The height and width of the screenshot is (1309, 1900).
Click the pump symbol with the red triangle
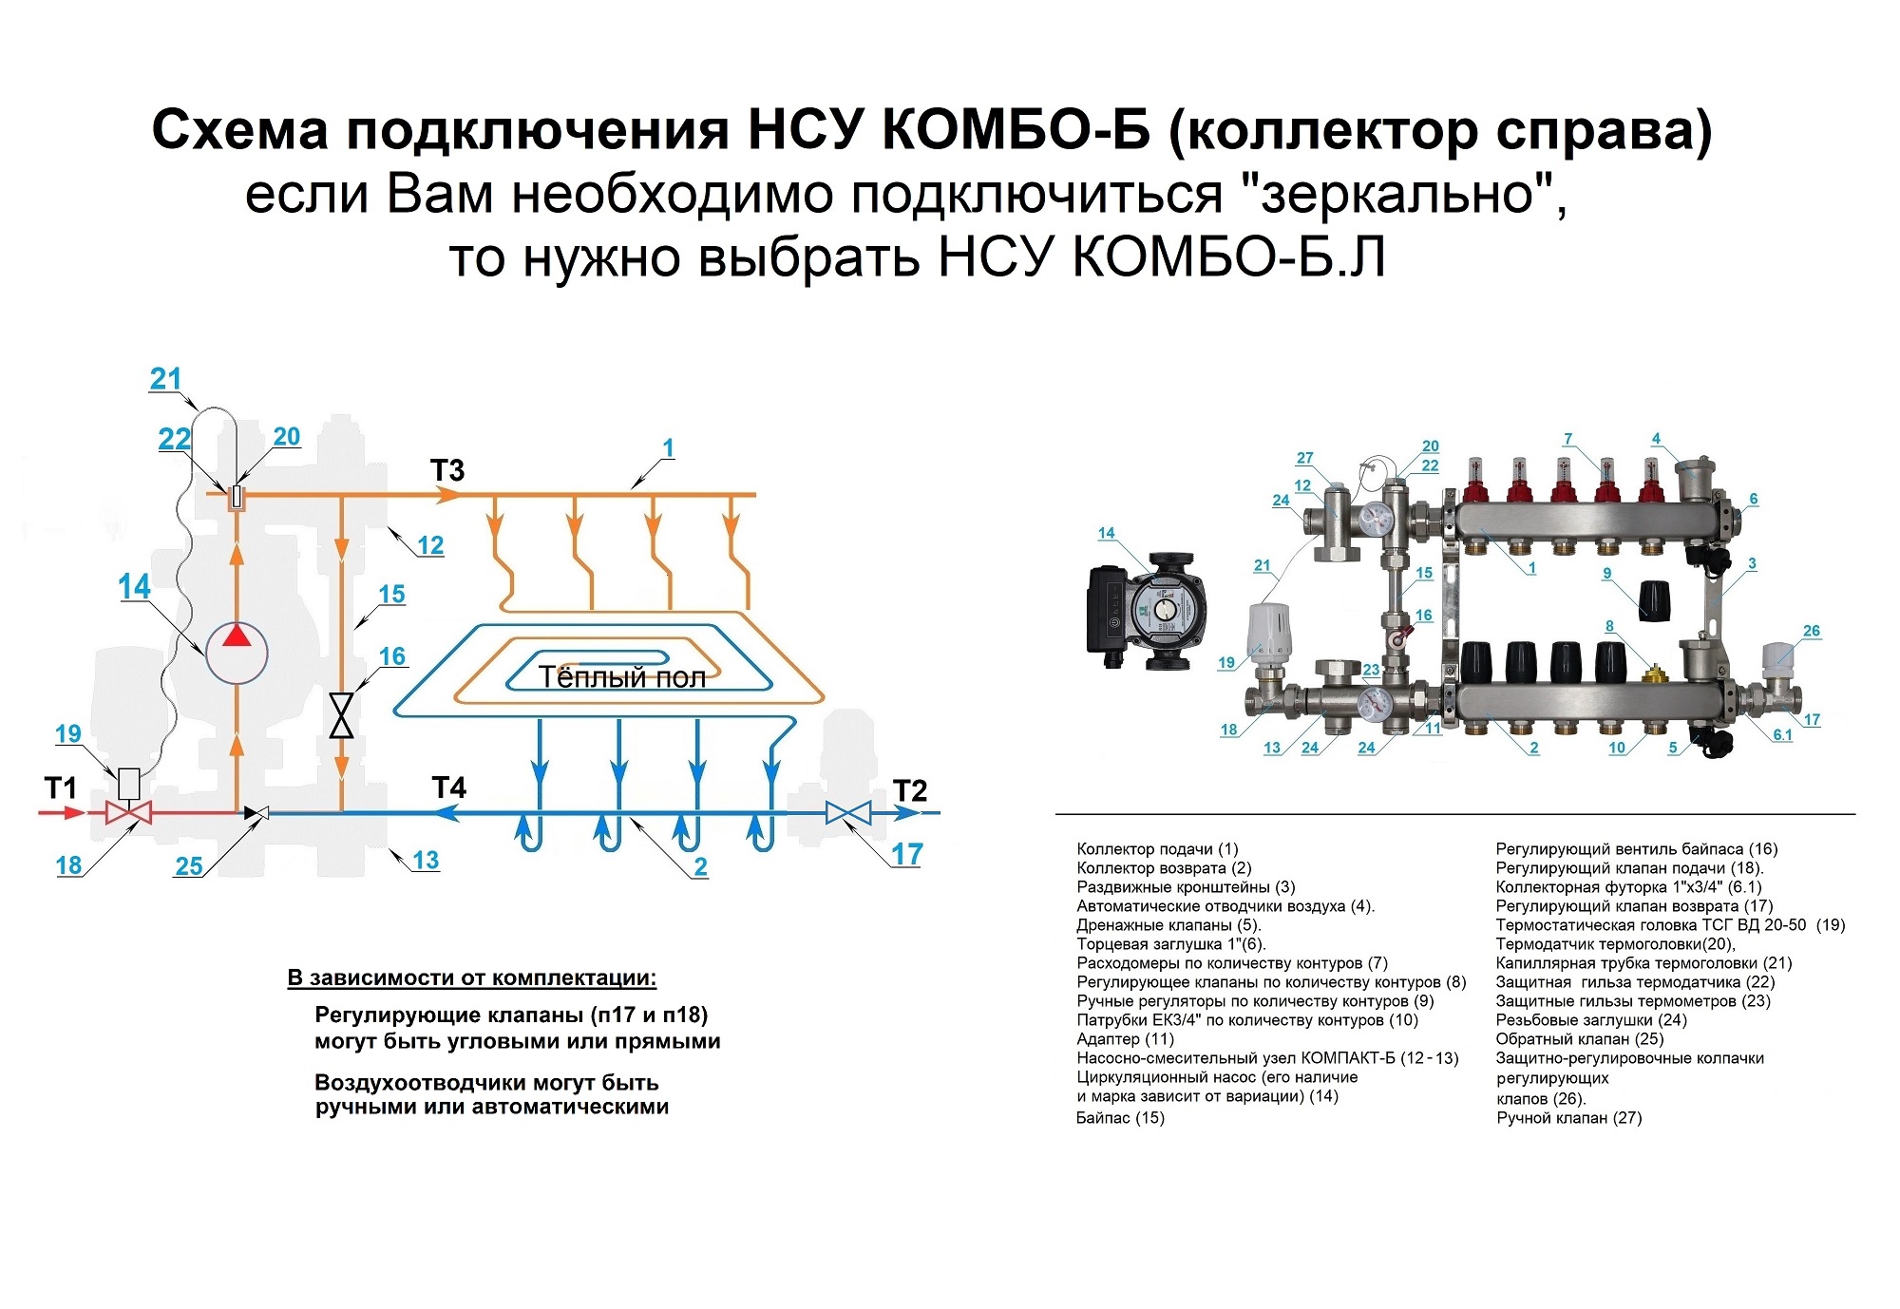click(237, 652)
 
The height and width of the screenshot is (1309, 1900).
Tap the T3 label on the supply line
click(446, 470)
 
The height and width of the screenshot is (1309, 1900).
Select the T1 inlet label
click(61, 787)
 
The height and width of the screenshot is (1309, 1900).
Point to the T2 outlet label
click(909, 790)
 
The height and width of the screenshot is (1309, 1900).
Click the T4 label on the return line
click(448, 787)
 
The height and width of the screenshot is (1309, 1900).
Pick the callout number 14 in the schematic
click(134, 587)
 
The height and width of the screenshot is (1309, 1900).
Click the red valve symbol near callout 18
click(128, 813)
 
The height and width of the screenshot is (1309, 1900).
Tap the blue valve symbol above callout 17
click(847, 813)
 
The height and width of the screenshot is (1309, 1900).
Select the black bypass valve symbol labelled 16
click(340, 715)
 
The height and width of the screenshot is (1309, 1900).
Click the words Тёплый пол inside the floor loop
click(621, 677)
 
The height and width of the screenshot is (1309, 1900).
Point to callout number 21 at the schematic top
click(165, 379)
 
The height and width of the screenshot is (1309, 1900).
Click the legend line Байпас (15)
click(1120, 1118)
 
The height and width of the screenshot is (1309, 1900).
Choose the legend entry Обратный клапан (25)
click(1580, 1039)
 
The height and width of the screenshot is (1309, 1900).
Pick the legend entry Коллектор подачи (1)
click(1157, 849)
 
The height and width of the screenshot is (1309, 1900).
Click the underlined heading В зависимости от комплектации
click(472, 978)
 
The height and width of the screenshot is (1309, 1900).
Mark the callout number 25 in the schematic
click(189, 865)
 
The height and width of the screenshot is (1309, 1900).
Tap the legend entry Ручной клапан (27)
click(1569, 1118)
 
